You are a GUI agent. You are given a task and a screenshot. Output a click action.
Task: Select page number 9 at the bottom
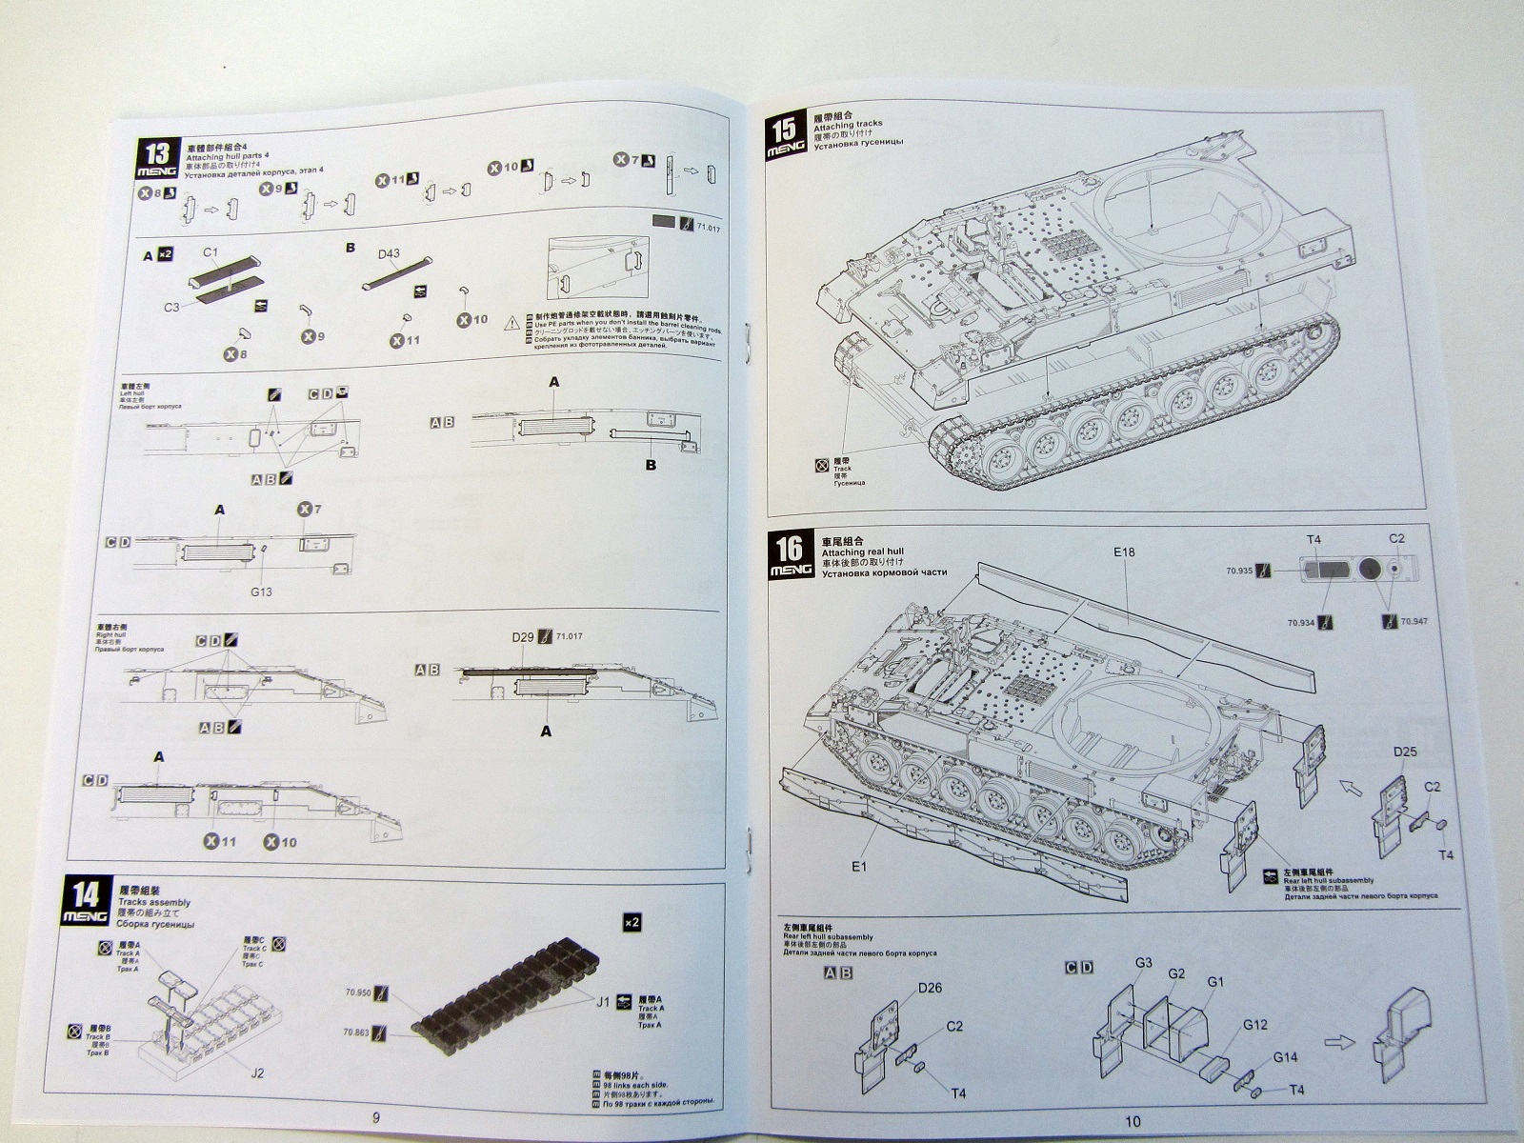(x=376, y=1117)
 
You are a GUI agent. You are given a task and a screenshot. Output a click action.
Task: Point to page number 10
(x=1132, y=1121)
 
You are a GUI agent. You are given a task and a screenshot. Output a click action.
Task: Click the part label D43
(x=389, y=253)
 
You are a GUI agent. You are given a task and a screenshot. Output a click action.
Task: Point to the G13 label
(x=261, y=592)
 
